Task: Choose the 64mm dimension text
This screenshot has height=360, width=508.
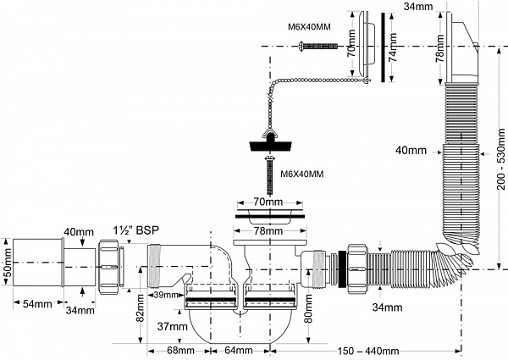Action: click(x=238, y=350)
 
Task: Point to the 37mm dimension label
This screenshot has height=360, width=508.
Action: click(x=172, y=326)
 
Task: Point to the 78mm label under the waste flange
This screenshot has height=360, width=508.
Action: click(x=268, y=231)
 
